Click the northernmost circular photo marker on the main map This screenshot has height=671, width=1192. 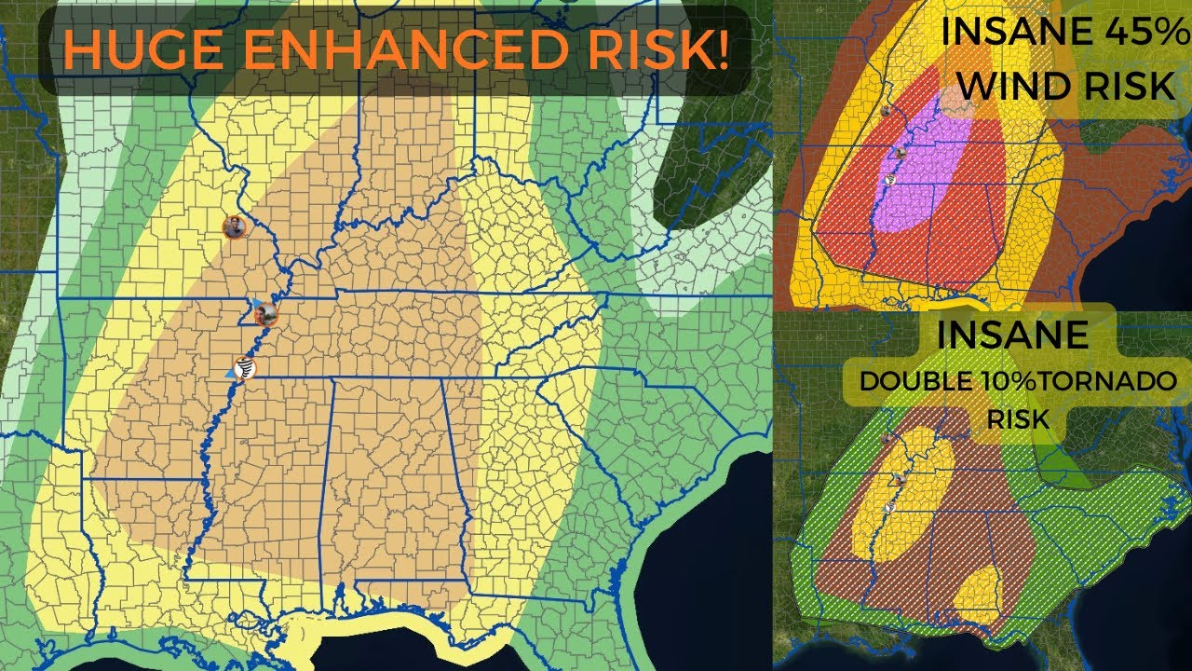(x=234, y=226)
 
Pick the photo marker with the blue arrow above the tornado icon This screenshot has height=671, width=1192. (x=265, y=314)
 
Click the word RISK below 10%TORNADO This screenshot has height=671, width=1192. (x=1018, y=419)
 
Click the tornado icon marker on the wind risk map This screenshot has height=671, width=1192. (x=891, y=179)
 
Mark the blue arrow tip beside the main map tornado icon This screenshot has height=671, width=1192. (x=229, y=372)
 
